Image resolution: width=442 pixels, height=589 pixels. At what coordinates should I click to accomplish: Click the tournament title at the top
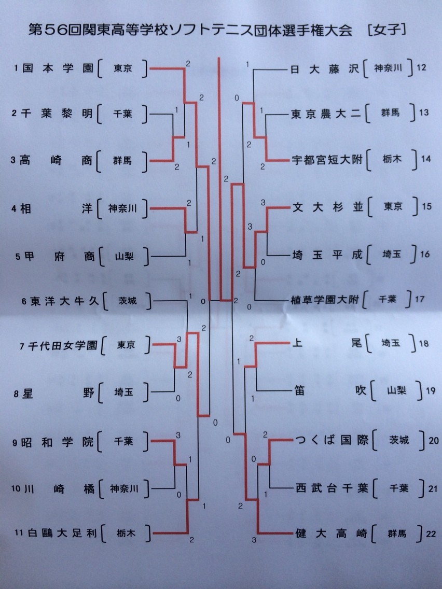point(217,30)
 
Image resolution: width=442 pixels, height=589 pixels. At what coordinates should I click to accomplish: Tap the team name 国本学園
point(58,68)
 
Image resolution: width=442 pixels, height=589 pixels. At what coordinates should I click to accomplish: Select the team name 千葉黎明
point(57,113)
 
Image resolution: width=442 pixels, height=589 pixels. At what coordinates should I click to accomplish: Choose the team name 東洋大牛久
point(64,301)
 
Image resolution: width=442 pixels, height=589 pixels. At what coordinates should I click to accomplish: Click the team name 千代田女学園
point(63,346)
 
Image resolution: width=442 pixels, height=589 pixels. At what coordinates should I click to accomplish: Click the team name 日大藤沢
point(325,69)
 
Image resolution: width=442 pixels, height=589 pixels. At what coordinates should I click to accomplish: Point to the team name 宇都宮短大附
point(327,160)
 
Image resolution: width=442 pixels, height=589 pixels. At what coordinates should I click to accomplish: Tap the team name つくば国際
point(332,440)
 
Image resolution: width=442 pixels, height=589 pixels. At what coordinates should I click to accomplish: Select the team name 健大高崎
point(331,532)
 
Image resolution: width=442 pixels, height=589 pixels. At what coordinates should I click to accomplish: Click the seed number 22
point(431,534)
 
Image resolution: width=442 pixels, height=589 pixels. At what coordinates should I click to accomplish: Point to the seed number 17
point(420,299)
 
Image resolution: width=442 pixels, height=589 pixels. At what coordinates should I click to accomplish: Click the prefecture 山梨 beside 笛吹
point(397,390)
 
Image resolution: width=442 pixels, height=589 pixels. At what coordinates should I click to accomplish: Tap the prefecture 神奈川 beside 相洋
point(122,208)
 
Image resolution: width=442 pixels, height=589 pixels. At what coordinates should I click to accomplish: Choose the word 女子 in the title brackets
point(387,30)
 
